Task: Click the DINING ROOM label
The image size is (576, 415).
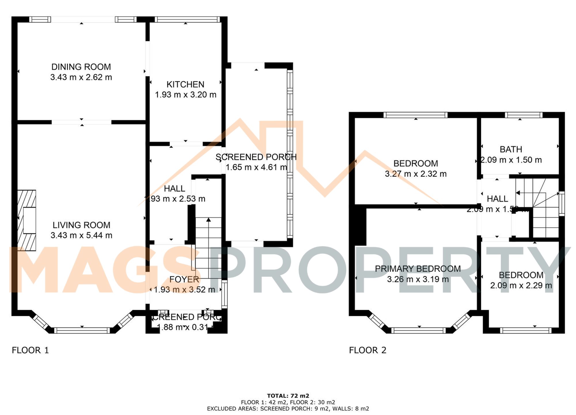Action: click(81, 67)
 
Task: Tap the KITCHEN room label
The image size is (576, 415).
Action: click(185, 84)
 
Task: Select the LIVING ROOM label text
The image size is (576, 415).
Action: click(82, 225)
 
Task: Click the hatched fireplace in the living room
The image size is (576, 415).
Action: click(27, 220)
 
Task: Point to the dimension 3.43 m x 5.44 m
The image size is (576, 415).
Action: click(82, 235)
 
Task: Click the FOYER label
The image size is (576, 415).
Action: click(184, 279)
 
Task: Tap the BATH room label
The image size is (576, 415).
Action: click(511, 149)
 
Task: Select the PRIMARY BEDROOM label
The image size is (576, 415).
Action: click(418, 269)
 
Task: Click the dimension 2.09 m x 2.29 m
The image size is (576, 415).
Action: click(521, 286)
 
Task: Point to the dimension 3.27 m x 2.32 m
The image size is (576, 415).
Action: click(416, 174)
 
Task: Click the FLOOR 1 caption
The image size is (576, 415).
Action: click(30, 350)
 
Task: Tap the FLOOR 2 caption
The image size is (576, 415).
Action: click(367, 350)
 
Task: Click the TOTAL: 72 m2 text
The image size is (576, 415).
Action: click(288, 396)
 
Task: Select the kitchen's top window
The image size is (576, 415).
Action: click(187, 19)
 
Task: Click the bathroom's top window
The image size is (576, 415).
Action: click(524, 115)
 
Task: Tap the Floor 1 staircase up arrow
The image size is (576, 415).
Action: click(209, 220)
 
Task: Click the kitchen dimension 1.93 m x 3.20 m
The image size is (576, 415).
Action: click(185, 95)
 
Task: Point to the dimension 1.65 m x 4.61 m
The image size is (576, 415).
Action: click(256, 167)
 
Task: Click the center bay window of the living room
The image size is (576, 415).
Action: click(82, 330)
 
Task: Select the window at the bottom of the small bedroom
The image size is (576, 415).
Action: click(525, 330)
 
